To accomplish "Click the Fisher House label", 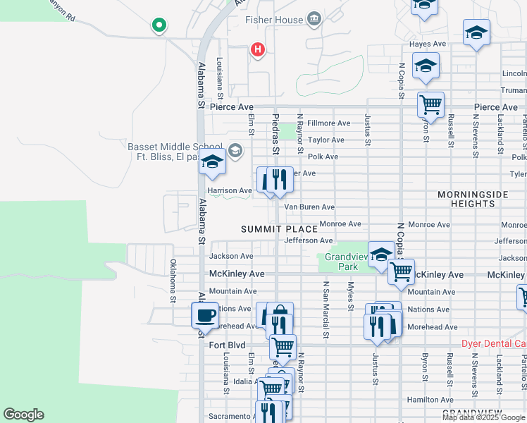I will [273, 20].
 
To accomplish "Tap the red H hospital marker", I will [258, 49].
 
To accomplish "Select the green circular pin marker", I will [159, 26].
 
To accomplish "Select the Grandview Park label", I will [343, 262].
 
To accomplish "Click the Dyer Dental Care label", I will [493, 344].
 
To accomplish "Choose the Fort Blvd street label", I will [227, 345].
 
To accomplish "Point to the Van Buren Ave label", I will [309, 207].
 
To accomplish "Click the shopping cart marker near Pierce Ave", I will [430, 104].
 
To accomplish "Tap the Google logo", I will [23, 415].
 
